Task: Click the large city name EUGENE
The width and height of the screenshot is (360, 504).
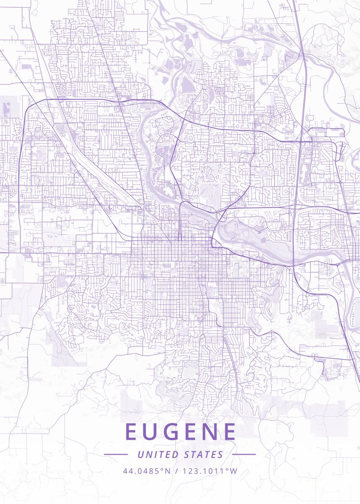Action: [x=180, y=432]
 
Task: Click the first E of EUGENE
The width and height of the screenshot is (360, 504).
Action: [x=131, y=432]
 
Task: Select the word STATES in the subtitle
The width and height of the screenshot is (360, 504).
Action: [x=203, y=454]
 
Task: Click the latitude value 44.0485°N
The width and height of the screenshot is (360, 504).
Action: [x=147, y=471]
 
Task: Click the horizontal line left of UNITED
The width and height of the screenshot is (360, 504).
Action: [x=116, y=454]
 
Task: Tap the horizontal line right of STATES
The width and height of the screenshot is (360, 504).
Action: [x=244, y=454]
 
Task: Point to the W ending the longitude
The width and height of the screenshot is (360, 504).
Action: [x=234, y=471]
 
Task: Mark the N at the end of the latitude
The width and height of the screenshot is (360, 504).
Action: [x=167, y=471]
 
